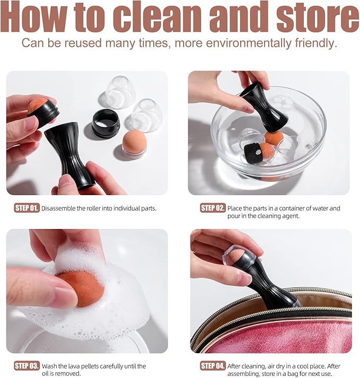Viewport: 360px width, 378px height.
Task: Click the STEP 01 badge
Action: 27,208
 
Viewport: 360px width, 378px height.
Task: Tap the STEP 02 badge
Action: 213,208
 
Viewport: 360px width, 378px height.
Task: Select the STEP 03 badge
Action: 27,366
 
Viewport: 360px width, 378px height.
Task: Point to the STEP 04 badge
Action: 213,366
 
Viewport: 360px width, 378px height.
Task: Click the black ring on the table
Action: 106,123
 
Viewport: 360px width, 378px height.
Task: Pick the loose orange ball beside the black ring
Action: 134,143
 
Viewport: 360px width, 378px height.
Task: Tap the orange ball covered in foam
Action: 81,287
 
